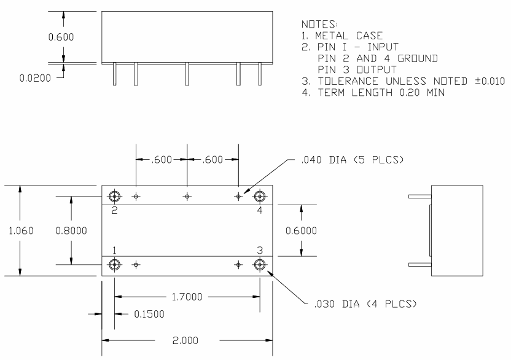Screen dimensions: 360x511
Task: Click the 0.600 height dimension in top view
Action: click(x=61, y=37)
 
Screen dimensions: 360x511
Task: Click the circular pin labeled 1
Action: click(x=114, y=265)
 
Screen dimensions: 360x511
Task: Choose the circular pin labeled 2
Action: click(x=114, y=197)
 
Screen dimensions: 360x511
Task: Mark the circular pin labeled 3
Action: click(x=260, y=265)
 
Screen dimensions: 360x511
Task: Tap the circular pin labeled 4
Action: click(x=260, y=197)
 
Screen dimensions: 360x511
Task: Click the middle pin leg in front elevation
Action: click(x=187, y=74)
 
